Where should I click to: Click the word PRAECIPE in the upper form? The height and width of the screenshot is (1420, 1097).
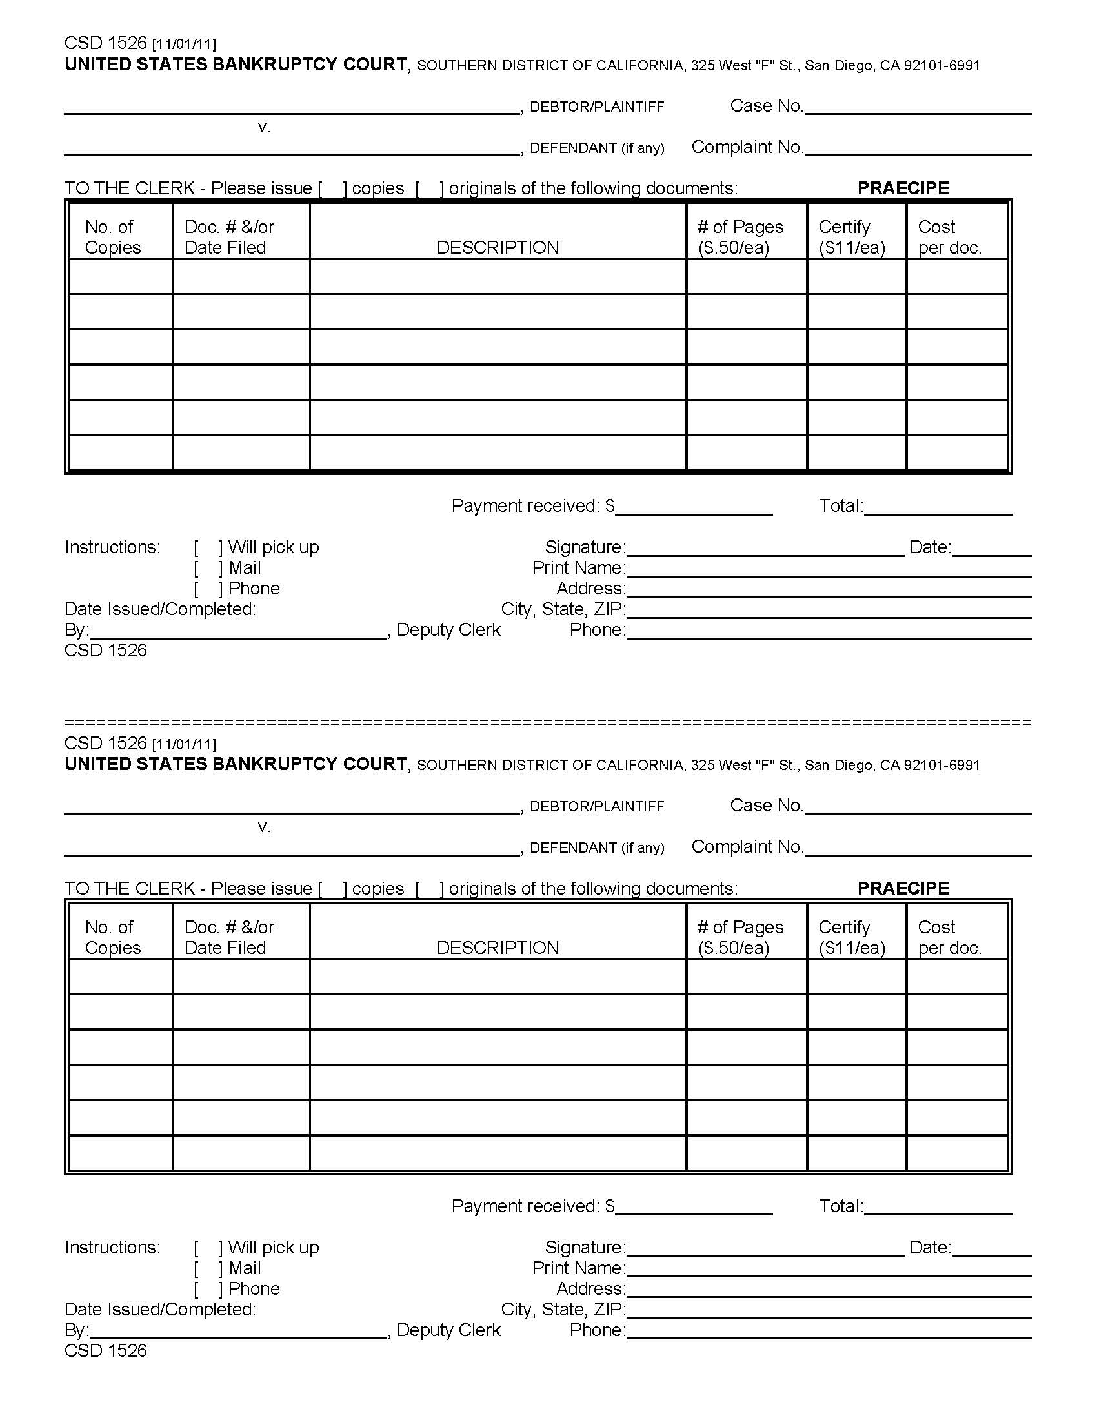pos(903,188)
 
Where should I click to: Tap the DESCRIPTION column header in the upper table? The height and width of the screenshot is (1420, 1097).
pos(497,247)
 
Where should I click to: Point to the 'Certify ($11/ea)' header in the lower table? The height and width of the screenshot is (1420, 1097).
pos(851,937)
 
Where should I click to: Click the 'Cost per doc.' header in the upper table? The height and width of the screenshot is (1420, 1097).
pos(949,237)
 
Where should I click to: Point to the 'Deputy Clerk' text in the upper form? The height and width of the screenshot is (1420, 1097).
pos(448,630)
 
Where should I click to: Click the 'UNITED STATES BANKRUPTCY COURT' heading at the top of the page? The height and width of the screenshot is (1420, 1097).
pos(236,65)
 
